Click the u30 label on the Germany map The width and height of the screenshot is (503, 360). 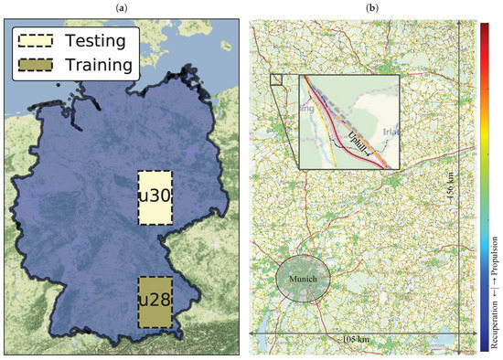pyautogui.click(x=154, y=197)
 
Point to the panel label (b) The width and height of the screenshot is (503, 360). pyautogui.click(x=372, y=8)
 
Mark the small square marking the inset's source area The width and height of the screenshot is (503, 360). pyautogui.click(x=275, y=79)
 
